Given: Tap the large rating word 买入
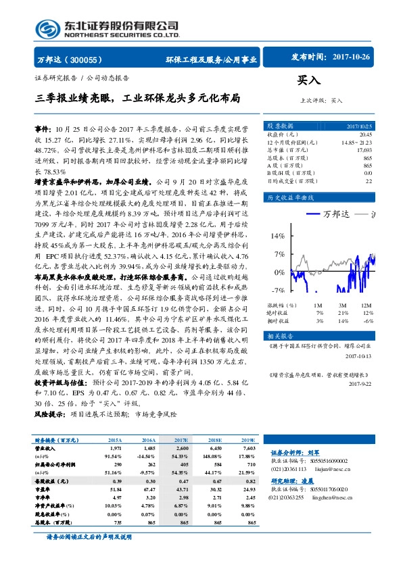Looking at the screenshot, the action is click(309, 80).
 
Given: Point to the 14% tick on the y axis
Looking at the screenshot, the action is click(277, 255).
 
